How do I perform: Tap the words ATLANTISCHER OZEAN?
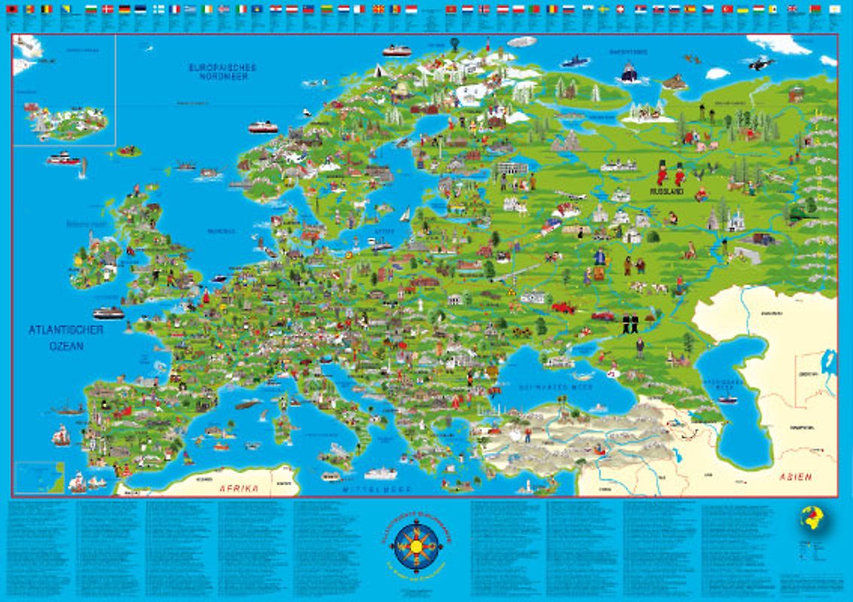(x=65, y=338)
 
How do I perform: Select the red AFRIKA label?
(x=238, y=488)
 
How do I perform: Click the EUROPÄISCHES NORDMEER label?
(x=223, y=71)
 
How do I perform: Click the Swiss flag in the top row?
(x=619, y=10)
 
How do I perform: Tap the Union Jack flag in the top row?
(x=792, y=10)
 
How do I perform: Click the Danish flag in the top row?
(x=108, y=10)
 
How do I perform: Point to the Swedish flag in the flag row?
(x=603, y=10)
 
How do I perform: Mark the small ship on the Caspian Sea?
(x=727, y=399)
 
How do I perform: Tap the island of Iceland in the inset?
(x=65, y=120)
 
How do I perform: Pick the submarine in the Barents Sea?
(x=575, y=60)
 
